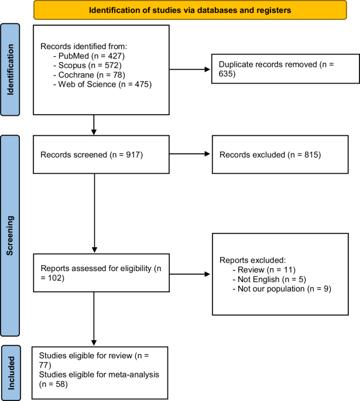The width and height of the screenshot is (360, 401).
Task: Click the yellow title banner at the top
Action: point(190,10)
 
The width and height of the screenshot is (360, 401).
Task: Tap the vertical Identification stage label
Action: point(10,70)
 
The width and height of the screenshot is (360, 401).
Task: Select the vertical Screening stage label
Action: point(10,235)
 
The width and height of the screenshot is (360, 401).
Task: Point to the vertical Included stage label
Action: point(11,373)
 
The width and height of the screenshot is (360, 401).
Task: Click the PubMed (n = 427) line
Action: point(89,56)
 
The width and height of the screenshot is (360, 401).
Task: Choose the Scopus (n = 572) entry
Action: point(87,65)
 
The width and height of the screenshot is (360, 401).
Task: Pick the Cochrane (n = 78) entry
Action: point(89,75)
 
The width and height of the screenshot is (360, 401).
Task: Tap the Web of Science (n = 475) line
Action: point(102,84)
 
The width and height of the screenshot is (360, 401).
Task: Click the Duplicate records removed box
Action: point(286,69)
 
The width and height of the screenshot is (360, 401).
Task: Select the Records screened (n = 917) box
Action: point(101,155)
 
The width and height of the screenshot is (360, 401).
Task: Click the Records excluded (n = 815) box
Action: point(280,155)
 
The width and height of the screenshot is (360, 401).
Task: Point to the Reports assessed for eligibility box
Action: point(101,273)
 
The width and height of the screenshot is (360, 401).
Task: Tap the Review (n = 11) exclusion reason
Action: point(264,269)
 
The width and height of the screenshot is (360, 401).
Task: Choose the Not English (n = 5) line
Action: point(269,279)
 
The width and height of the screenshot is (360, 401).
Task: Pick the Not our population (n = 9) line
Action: point(282,289)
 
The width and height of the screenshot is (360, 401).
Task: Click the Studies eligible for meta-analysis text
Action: point(99,379)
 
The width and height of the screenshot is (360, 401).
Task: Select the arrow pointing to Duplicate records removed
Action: point(190,69)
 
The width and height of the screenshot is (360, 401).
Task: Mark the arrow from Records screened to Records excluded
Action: point(190,154)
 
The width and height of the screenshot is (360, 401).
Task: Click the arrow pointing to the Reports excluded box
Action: point(190,274)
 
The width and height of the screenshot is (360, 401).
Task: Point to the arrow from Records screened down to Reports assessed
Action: point(94,213)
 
